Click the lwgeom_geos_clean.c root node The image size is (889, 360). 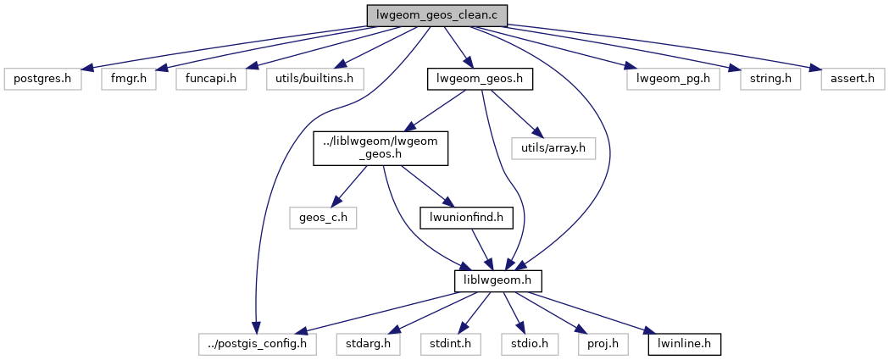[x=436, y=15]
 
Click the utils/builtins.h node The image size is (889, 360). [x=314, y=80]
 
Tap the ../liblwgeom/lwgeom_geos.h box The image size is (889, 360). [x=380, y=147]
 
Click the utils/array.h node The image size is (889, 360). [x=553, y=147]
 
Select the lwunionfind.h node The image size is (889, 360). [x=466, y=217]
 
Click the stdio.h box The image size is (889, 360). [x=519, y=345]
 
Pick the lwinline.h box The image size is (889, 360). [x=685, y=345]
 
